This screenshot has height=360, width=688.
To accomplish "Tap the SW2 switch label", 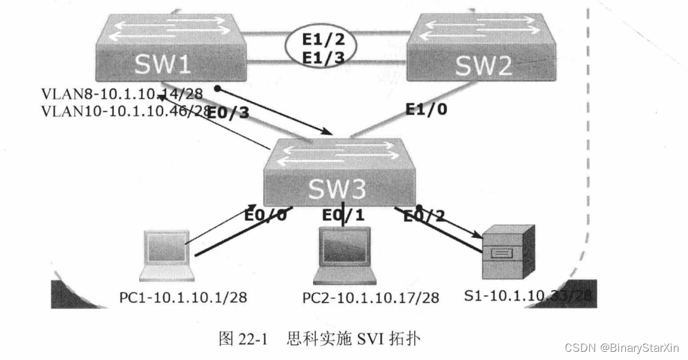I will pyautogui.click(x=484, y=65).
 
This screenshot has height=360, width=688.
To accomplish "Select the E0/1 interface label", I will pyautogui.click(x=343, y=216).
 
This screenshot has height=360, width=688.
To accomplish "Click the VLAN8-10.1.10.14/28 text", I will pyautogui.click(x=121, y=94).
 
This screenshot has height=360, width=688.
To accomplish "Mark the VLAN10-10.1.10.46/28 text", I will pyautogui.click(x=125, y=111).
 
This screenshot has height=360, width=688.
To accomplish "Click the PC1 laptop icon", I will pyautogui.click(x=167, y=255).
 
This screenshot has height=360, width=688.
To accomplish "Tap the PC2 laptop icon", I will pyautogui.click(x=345, y=255).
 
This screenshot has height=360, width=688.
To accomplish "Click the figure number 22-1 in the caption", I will pyautogui.click(x=253, y=338).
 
